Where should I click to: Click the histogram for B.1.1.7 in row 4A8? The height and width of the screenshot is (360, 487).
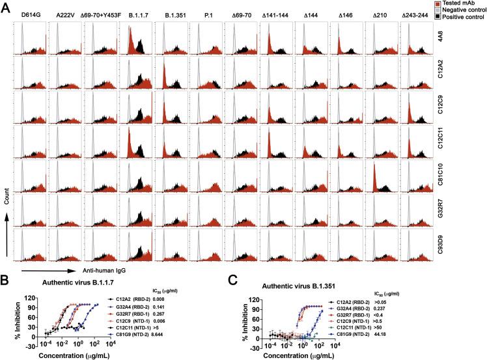coord(141,40)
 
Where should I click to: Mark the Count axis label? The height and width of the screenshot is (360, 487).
coord(8,210)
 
